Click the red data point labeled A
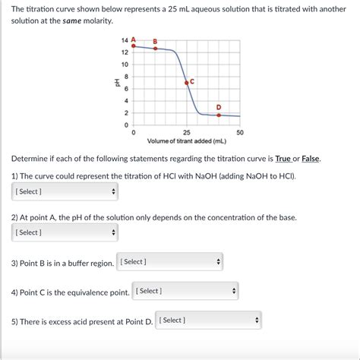point(134,46)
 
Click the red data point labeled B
point(156,48)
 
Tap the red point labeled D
point(219,115)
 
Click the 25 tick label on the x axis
point(187,132)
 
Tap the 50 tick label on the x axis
point(240,132)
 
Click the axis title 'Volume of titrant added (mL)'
point(186,141)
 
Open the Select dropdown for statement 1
point(65,191)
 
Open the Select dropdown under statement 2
point(65,232)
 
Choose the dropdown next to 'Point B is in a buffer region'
point(170,262)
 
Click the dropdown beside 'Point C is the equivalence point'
point(185,291)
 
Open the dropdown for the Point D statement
point(208,321)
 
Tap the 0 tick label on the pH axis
point(125,125)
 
